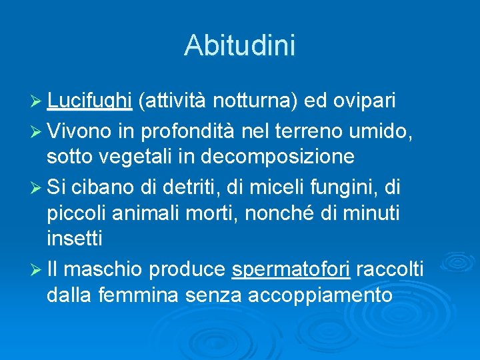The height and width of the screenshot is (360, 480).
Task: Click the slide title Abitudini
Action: point(239,46)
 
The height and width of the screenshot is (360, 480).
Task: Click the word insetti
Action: point(75,238)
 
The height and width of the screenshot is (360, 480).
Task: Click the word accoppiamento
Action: point(320,294)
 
